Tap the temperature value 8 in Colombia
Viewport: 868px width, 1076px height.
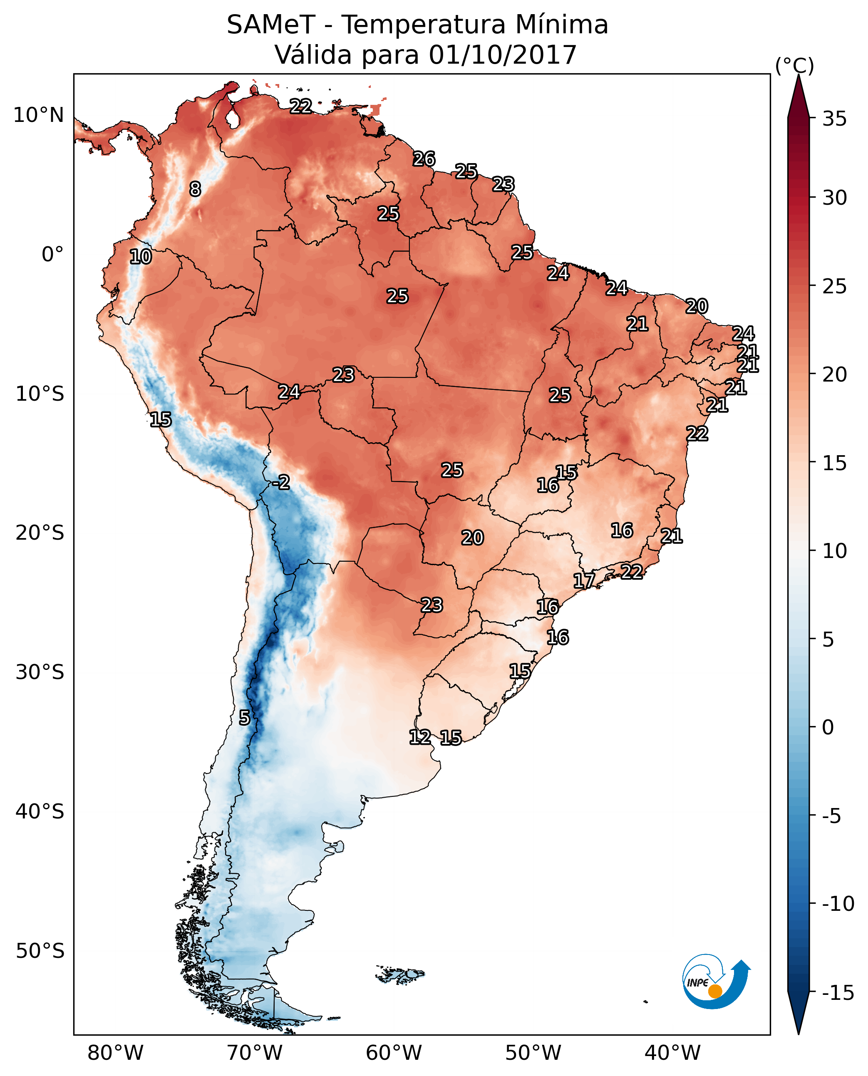pos(195,189)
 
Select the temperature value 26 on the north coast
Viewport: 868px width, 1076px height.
pos(424,159)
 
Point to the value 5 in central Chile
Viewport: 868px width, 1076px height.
pos(244,718)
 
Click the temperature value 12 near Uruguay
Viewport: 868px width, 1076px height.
pos(420,736)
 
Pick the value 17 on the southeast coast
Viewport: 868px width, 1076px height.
pos(584,581)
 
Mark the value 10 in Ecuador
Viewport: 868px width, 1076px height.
pos(141,256)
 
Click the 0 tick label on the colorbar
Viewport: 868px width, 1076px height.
pos(828,727)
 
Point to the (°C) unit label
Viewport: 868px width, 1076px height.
pos(794,65)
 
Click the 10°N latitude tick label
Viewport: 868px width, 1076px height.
pos(39,116)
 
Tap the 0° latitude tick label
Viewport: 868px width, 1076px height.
pos(52,255)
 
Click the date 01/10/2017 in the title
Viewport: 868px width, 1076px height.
pos(503,55)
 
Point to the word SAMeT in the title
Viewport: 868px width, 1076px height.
pos(271,25)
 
